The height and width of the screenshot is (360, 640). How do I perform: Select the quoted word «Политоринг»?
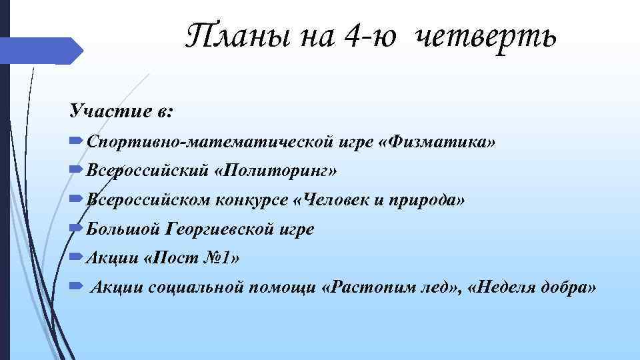[x=276, y=171]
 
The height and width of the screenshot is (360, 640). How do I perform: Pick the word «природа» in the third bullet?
[x=424, y=199]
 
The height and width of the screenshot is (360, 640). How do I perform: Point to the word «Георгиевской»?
[x=217, y=229]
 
